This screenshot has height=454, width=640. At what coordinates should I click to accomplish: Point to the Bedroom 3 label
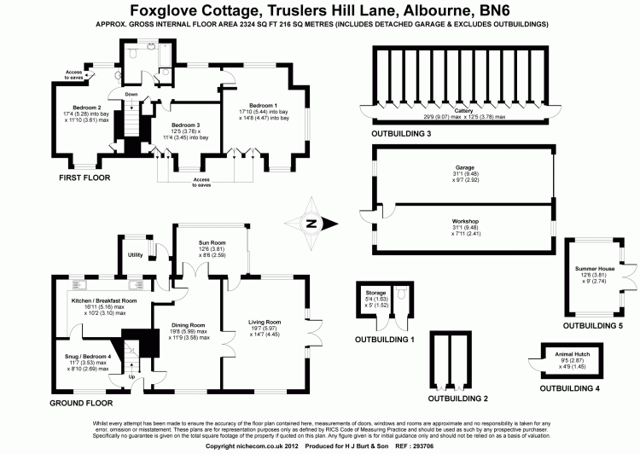[185, 125]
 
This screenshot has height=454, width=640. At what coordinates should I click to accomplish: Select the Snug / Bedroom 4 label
[88, 357]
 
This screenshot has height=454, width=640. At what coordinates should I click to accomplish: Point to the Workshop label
[465, 220]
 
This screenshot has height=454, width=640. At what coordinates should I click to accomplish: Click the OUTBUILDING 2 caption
[457, 398]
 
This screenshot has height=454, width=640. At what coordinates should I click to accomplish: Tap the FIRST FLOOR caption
[85, 178]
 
